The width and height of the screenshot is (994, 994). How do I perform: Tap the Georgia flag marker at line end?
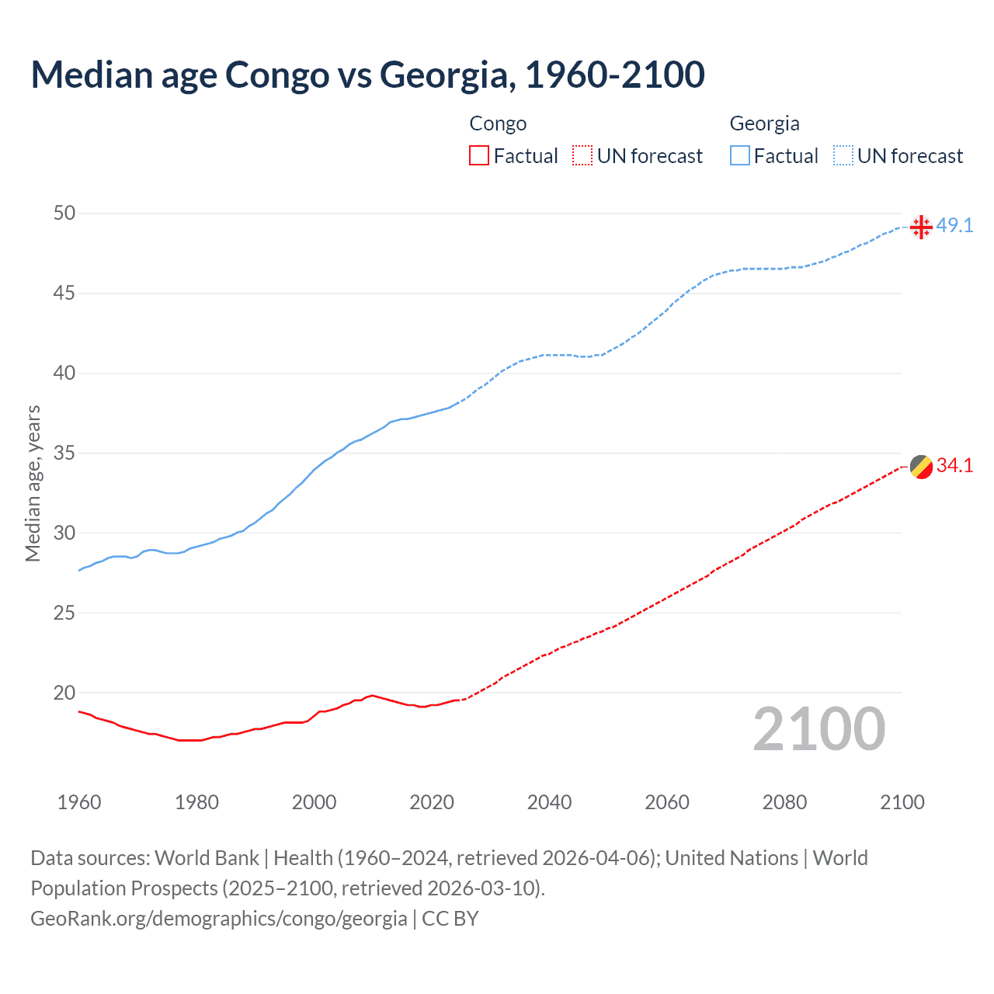921,227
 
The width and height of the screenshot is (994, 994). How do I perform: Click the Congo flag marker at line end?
921,467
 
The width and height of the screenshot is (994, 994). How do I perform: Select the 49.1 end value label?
954,226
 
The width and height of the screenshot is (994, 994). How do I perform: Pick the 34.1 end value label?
954,466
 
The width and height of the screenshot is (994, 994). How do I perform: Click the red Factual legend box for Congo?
479,156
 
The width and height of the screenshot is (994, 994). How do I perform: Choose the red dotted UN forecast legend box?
582,156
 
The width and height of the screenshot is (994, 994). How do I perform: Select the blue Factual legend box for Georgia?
740,156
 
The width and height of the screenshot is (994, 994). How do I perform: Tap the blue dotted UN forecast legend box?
843,156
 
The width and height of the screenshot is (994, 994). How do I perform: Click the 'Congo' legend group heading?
498,123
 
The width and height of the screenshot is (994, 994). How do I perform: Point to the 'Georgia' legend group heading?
764,123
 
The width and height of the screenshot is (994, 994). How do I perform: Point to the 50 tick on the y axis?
64,213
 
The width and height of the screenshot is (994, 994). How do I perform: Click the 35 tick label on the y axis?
64,453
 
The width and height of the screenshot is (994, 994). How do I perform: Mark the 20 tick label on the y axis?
64,693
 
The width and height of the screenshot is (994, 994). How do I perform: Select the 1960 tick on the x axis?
79,802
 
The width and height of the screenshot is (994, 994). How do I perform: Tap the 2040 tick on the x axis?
549,802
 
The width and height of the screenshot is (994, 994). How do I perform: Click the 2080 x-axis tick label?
784,802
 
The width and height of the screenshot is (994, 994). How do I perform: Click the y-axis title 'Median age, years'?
33,483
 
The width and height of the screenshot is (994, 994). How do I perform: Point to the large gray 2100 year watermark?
818,729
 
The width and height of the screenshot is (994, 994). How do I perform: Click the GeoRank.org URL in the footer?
218,919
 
